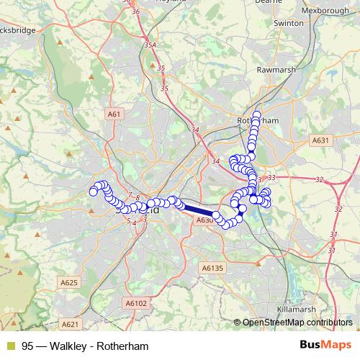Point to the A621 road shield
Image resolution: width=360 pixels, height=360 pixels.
(x=70, y=324)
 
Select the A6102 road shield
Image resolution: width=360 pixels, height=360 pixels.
(x=135, y=304)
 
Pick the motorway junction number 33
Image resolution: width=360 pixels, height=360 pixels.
(x=271, y=177)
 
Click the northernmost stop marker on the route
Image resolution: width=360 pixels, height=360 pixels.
(x=256, y=114)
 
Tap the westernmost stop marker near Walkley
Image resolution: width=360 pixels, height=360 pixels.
(x=93, y=192)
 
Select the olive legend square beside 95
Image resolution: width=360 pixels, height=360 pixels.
(x=10, y=346)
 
